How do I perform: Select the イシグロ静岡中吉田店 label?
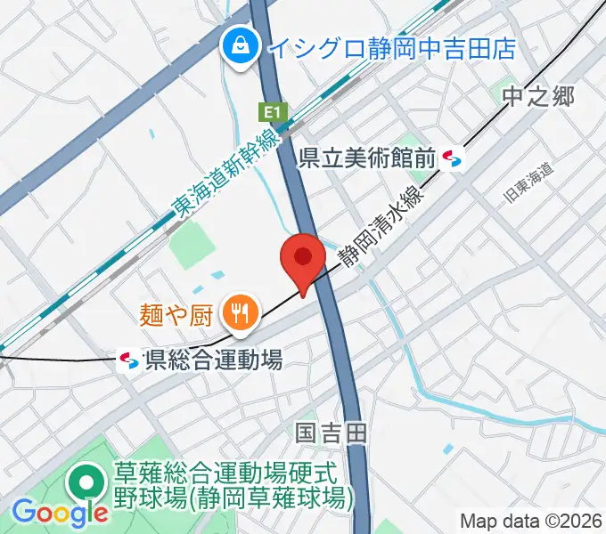pyautogui.click(x=391, y=46)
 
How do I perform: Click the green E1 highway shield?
pyautogui.click(x=273, y=113)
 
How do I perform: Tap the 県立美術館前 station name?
pyautogui.click(x=366, y=158)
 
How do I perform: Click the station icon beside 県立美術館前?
pyautogui.click(x=453, y=158)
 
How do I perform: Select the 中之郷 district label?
pyautogui.click(x=536, y=97)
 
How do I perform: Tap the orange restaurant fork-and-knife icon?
pyautogui.click(x=240, y=311)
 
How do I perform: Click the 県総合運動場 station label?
pyautogui.click(x=213, y=360)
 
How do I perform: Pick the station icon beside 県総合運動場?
pyautogui.click(x=128, y=360)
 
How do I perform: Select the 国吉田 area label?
pyautogui.click(x=331, y=433)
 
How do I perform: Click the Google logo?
pyautogui.click(x=59, y=512)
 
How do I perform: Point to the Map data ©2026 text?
pyautogui.click(x=530, y=520)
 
